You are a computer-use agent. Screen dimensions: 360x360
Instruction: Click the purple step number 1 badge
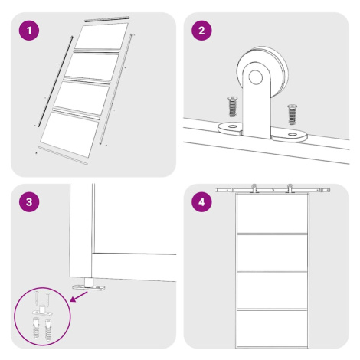(x=29, y=31)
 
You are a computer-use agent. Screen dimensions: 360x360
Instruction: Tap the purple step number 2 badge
(x=201, y=31)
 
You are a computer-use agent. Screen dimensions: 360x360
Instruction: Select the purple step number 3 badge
(x=29, y=202)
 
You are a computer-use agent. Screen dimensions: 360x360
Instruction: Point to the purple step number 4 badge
(x=201, y=202)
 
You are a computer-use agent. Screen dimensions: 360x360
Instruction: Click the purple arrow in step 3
(x=79, y=296)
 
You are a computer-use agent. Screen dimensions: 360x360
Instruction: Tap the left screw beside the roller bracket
(x=232, y=106)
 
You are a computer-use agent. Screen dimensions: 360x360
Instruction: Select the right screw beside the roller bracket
(x=292, y=114)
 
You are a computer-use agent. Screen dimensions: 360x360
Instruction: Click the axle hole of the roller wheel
(x=256, y=77)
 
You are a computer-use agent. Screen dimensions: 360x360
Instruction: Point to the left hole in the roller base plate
(x=232, y=126)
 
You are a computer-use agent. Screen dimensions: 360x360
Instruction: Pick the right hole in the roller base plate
(x=292, y=134)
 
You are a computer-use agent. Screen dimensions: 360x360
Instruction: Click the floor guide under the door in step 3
(x=89, y=286)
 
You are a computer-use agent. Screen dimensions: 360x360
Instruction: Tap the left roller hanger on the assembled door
(x=254, y=188)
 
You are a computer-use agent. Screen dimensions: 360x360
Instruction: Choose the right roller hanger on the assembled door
(x=290, y=188)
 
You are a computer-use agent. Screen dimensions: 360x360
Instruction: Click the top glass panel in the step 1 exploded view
(x=101, y=36)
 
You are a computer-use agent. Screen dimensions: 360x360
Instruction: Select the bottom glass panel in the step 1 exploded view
(x=70, y=135)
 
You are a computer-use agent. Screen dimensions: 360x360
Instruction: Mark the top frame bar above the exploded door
(x=106, y=19)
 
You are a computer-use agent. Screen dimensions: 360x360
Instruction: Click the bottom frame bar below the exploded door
(x=63, y=155)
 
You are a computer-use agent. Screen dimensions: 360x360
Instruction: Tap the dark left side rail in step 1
(x=55, y=81)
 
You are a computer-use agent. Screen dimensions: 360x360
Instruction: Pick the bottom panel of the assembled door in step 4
(x=272, y=328)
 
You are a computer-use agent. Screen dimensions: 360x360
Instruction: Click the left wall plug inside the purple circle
(x=36, y=328)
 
